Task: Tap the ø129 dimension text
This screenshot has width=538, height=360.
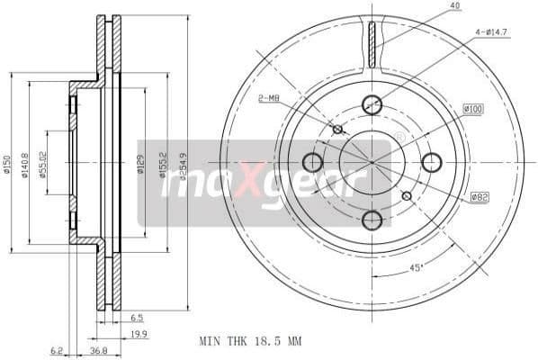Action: (x=141, y=164)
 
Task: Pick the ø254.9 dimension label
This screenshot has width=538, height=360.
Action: (x=183, y=163)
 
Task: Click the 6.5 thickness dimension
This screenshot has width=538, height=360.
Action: (x=136, y=318)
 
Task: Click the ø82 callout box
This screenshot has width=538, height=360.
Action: (x=479, y=196)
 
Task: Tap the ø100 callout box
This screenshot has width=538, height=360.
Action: (x=473, y=109)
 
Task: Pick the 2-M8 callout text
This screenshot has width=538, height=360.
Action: (x=269, y=98)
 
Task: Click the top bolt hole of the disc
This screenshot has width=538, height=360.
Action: (x=372, y=104)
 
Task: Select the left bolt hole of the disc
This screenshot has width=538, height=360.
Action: (x=312, y=162)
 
